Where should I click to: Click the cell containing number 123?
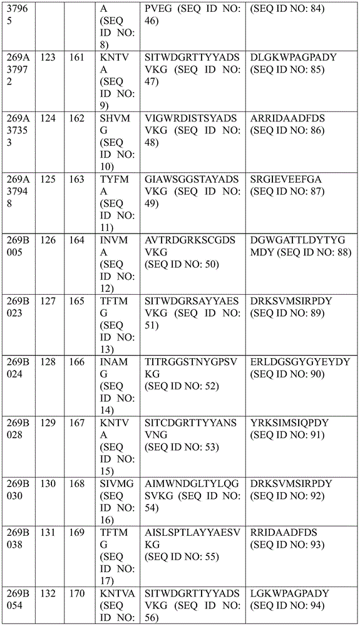click(x=48, y=58)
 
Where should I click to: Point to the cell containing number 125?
click(x=48, y=180)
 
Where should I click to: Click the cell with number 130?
click(x=48, y=484)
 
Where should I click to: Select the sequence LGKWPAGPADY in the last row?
click(x=288, y=593)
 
